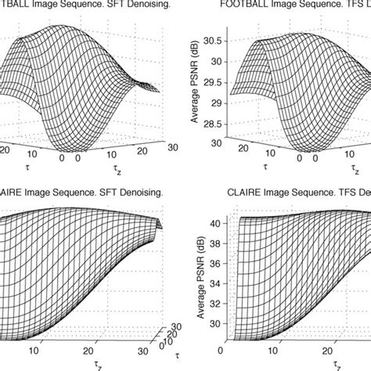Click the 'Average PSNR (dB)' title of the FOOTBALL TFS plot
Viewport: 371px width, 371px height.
(x=193, y=78)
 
